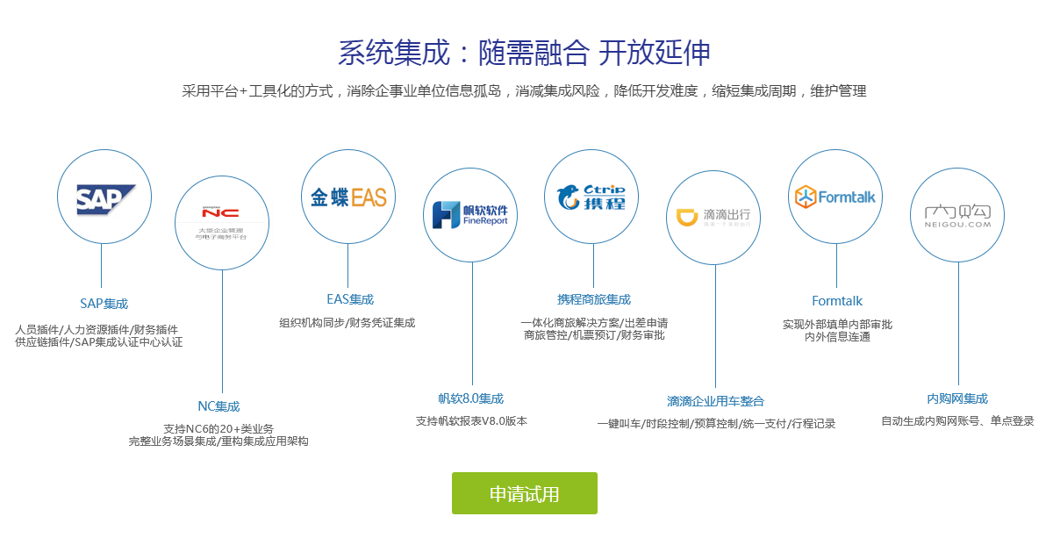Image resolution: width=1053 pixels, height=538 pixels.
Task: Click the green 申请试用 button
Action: click(x=524, y=493)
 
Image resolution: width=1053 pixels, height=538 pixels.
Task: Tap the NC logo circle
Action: click(x=221, y=222)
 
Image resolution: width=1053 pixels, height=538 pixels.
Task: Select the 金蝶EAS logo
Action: click(x=348, y=197)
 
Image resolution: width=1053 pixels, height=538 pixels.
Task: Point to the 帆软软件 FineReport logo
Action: click(x=471, y=215)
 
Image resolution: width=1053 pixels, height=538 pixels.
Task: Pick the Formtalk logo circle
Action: click(x=835, y=197)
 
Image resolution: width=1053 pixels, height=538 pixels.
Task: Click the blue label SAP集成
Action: click(x=104, y=304)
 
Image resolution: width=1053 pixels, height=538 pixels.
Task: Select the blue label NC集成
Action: click(x=218, y=406)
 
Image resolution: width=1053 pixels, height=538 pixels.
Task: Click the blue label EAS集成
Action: click(x=349, y=299)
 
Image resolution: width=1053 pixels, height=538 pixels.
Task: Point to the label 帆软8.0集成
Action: click(x=471, y=398)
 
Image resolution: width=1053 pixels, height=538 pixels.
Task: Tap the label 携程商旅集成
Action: click(x=594, y=299)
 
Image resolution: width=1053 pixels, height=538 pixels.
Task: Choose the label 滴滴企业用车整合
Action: click(x=715, y=401)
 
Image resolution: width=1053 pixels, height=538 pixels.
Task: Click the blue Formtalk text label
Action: click(x=837, y=301)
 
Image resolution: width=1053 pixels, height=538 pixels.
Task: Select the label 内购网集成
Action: click(x=957, y=398)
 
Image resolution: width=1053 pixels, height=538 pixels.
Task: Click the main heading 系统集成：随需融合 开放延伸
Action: click(x=524, y=53)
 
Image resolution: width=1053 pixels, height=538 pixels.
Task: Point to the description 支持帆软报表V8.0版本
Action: click(x=471, y=421)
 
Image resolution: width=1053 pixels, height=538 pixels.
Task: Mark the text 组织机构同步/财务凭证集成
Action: click(x=347, y=323)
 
